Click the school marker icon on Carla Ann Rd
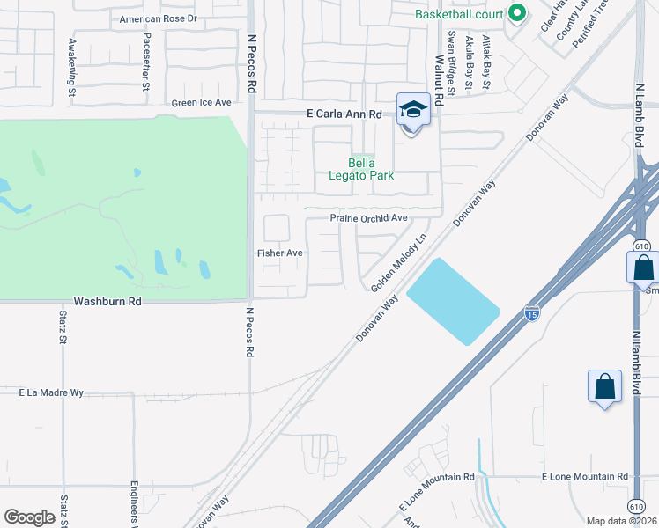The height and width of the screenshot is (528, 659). tap(411, 110)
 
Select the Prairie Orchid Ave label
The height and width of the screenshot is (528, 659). tap(369, 218)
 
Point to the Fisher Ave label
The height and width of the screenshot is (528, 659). tap(279, 253)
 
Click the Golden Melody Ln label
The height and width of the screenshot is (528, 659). tap(398, 263)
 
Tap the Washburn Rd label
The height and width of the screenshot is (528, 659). tap(107, 300)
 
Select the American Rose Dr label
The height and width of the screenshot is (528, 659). tap(159, 18)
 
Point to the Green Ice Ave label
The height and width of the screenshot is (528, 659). tap(201, 103)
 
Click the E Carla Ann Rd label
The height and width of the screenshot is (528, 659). tap(344, 114)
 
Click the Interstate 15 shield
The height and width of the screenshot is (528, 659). tap(531, 313)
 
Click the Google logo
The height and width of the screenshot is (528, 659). tap(29, 517)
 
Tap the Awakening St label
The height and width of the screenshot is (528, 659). tap(71, 66)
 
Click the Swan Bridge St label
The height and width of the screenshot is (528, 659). tap(451, 62)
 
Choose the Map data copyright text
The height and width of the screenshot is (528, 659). tap(621, 521)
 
